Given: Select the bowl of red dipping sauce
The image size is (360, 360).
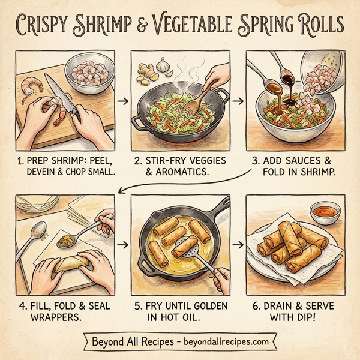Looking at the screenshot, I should [x=325, y=212].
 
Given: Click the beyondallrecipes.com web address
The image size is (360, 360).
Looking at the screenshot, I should [x=218, y=342].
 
